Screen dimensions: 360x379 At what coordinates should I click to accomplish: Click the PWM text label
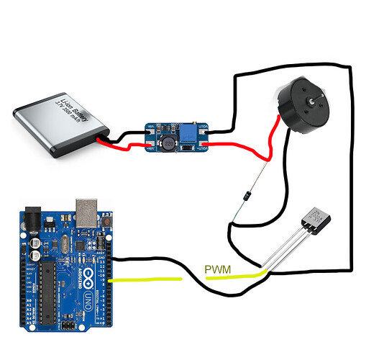coord(219,270)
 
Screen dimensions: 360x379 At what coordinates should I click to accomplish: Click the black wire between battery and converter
coord(129,134)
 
